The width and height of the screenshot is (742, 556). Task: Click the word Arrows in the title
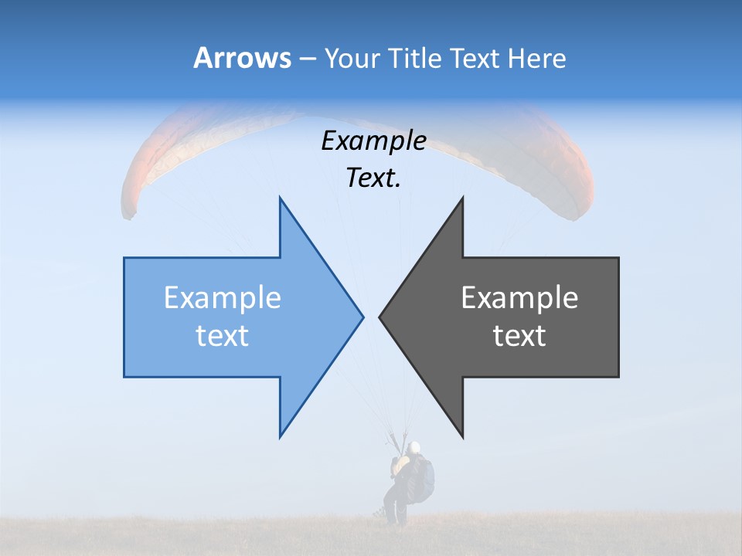(x=242, y=58)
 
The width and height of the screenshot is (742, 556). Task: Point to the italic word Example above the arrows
(x=373, y=141)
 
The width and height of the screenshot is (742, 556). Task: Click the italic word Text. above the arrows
(x=373, y=178)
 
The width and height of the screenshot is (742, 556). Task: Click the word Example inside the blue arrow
(x=223, y=298)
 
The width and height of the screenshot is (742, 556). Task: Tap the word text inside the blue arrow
(x=223, y=335)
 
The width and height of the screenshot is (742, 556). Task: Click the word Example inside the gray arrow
(x=519, y=298)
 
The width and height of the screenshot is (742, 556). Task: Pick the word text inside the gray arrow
(x=519, y=335)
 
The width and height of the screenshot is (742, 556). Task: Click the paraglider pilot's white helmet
(x=415, y=447)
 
